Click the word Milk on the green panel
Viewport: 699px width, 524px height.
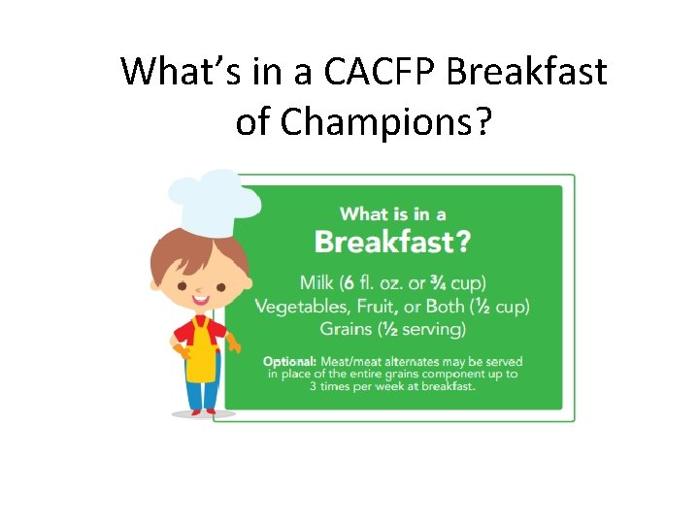click(x=316, y=282)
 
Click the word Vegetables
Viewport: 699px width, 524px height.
click(x=302, y=306)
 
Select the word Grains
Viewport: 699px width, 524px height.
click(x=347, y=329)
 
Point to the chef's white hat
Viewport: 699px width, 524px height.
click(x=214, y=199)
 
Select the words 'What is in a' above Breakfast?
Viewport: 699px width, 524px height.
click(x=392, y=213)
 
